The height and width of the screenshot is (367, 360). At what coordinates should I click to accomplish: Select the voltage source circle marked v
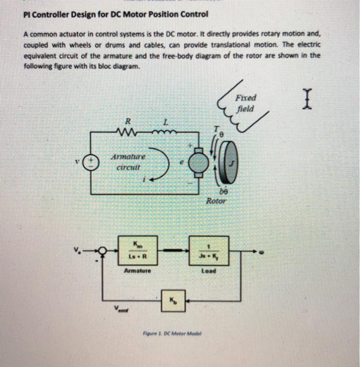pos(92,160)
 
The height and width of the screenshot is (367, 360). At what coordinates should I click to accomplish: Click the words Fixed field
pos(246,104)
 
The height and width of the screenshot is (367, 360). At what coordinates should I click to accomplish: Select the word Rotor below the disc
pos(216,200)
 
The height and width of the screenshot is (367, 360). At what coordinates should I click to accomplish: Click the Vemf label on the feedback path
pos(123,311)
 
